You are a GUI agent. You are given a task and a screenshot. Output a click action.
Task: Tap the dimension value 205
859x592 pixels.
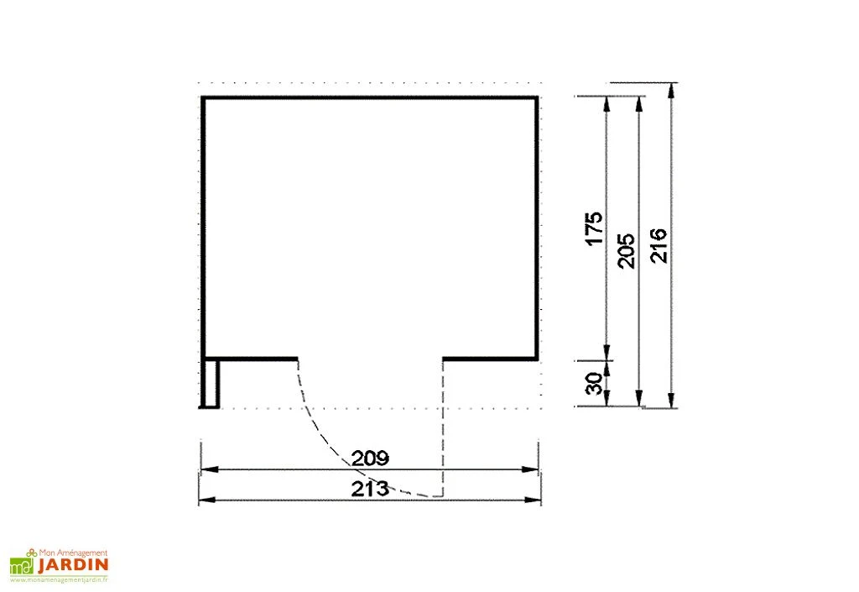click(626, 251)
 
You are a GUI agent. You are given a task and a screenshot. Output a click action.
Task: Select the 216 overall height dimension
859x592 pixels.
click(659, 245)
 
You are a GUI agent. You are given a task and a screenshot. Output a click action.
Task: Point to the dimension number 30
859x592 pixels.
click(594, 383)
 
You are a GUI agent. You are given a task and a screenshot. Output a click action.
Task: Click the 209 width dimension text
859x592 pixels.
click(370, 458)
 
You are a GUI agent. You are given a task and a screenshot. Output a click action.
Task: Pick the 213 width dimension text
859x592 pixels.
click(370, 489)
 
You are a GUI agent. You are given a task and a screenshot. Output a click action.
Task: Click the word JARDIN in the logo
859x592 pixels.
click(73, 565)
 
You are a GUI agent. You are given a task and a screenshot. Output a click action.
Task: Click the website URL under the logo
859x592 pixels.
click(59, 579)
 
